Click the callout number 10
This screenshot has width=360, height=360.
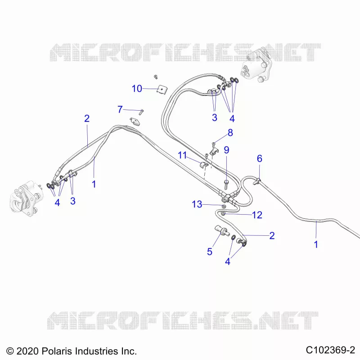(137, 89)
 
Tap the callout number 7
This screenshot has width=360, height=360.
(120, 109)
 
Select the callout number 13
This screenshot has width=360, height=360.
(197, 204)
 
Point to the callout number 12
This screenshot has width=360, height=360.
(257, 215)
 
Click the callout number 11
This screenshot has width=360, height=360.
(182, 155)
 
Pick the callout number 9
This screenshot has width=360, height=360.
(226, 150)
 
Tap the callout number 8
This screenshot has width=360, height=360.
(230, 133)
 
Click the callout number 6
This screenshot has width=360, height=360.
(260, 158)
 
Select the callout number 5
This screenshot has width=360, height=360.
(209, 252)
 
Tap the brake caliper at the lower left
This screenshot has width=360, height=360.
(27, 198)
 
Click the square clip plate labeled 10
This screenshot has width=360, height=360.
(162, 90)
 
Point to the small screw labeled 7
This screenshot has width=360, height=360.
(141, 112)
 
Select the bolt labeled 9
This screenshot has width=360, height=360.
(226, 184)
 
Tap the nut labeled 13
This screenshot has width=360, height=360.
(223, 206)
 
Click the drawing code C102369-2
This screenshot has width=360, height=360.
(330, 350)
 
